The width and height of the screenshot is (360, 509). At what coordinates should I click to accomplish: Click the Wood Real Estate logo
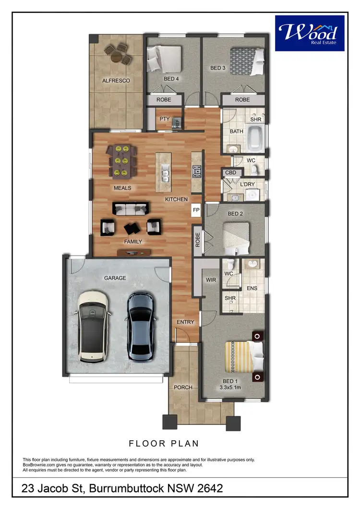310,33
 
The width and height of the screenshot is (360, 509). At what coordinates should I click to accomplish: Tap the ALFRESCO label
116,81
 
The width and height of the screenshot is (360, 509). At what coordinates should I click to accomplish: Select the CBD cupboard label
230,172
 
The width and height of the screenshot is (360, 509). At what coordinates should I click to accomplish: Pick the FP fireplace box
196,210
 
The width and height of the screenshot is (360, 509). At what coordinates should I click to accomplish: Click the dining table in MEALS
122,161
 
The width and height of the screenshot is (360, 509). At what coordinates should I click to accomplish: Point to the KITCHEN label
176,199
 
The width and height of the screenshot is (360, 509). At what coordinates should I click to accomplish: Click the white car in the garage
92,327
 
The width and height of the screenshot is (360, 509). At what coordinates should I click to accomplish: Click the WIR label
210,279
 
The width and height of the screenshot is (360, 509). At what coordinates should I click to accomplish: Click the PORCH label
183,387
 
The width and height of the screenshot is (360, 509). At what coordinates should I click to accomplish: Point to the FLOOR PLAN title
164,443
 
